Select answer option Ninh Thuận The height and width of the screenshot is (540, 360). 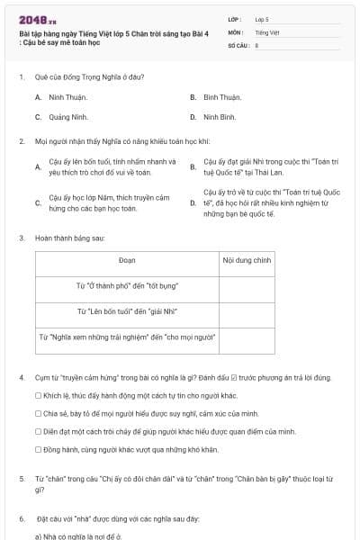tap(67, 97)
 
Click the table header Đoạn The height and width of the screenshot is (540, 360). tap(127, 260)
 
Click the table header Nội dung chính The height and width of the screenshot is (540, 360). tap(247, 260)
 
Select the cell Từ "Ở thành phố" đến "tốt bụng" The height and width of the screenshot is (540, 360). tap(127, 286)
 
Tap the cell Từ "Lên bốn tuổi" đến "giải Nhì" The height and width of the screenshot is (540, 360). tap(127, 311)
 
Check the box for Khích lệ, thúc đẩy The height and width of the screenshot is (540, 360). tap(38, 395)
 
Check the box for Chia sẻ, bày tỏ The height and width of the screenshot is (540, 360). tap(38, 413)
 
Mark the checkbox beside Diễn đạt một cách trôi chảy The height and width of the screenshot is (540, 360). tap(38, 431)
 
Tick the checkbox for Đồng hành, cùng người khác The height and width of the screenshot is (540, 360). tap(38, 449)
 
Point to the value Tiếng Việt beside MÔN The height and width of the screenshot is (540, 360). tap(267, 31)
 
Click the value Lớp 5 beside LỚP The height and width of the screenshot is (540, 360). tap(262, 18)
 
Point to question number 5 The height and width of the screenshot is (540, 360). tap(22, 480)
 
